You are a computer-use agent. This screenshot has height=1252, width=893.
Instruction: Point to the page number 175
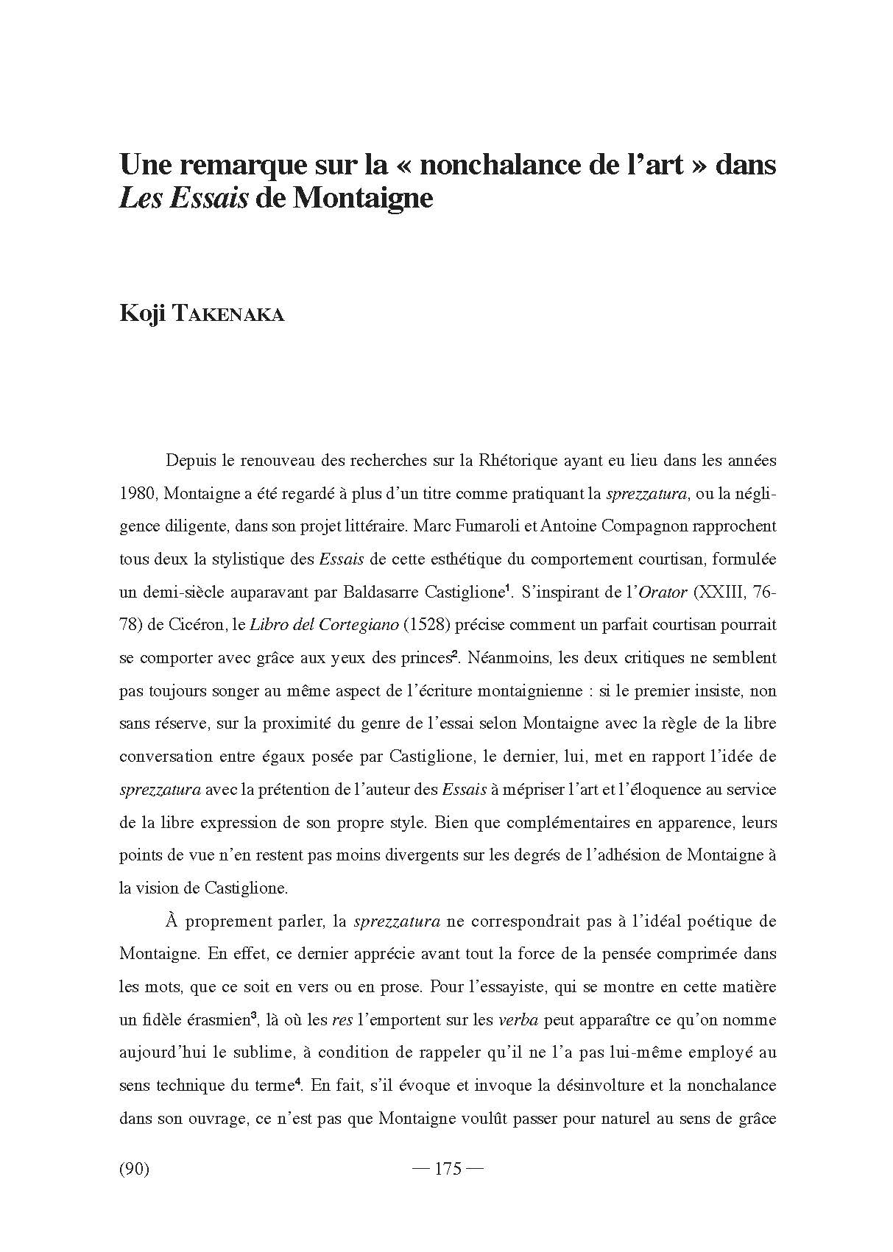tap(448, 1169)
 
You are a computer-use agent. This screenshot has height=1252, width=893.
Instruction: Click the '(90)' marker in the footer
tap(134, 1169)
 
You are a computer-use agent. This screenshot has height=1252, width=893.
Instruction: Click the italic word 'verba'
tap(519, 1020)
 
